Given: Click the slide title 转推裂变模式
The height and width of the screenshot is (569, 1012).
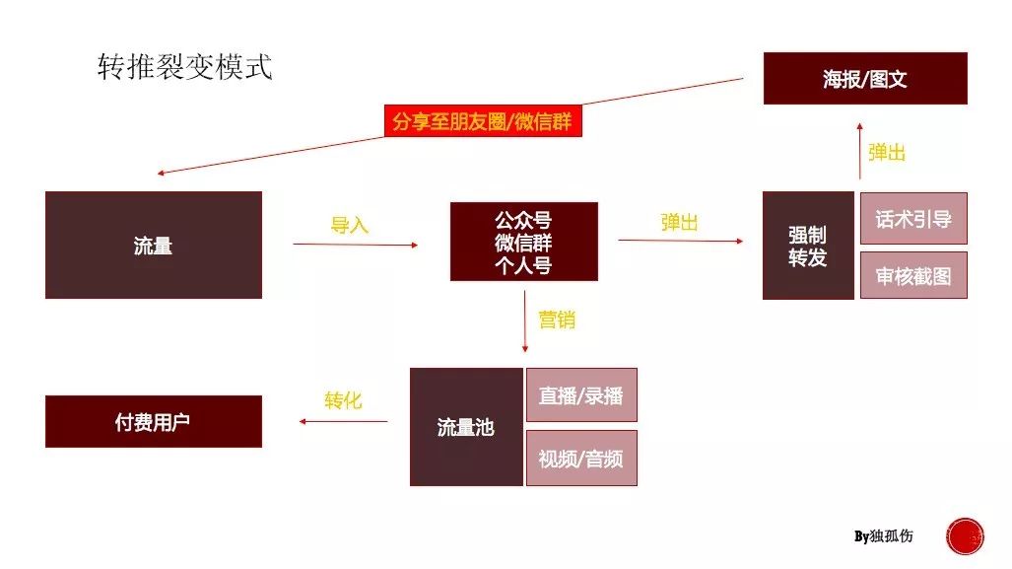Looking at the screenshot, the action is click(x=185, y=67).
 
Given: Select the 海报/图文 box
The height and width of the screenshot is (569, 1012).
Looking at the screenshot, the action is click(x=865, y=78).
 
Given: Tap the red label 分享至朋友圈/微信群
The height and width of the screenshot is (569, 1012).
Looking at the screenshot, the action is click(x=483, y=120).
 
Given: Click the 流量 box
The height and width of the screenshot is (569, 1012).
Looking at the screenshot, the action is click(x=154, y=245).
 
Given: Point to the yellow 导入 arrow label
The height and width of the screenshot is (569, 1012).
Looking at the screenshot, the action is click(x=349, y=225).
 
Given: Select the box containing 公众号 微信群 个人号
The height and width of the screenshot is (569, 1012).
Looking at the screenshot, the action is click(x=524, y=242).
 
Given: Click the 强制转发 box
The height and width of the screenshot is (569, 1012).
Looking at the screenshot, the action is click(x=808, y=246).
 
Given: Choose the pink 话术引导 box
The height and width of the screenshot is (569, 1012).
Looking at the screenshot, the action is click(x=913, y=218).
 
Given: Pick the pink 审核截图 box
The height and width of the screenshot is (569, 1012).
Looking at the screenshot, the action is click(x=913, y=275).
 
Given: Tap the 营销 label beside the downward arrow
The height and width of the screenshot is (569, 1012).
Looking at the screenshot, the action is click(x=557, y=320).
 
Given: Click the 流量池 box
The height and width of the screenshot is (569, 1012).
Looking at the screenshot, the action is click(x=466, y=427).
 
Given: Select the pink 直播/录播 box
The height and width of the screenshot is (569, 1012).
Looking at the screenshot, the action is click(x=581, y=394).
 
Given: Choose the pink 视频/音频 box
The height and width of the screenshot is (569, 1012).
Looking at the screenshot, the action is click(x=581, y=458).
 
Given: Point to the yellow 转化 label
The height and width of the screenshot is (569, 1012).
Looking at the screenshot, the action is click(x=343, y=400).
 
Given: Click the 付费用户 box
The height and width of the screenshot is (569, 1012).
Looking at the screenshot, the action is click(x=154, y=421).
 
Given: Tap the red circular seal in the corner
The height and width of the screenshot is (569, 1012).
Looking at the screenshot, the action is click(x=965, y=536).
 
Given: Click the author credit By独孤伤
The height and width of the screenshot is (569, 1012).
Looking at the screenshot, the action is click(x=884, y=536).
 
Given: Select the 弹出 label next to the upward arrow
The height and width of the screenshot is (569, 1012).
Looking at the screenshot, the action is click(x=887, y=153).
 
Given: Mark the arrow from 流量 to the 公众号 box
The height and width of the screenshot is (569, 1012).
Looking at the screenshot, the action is click(x=356, y=245).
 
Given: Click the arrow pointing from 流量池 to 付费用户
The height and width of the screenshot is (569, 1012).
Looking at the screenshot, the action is click(x=343, y=422).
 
